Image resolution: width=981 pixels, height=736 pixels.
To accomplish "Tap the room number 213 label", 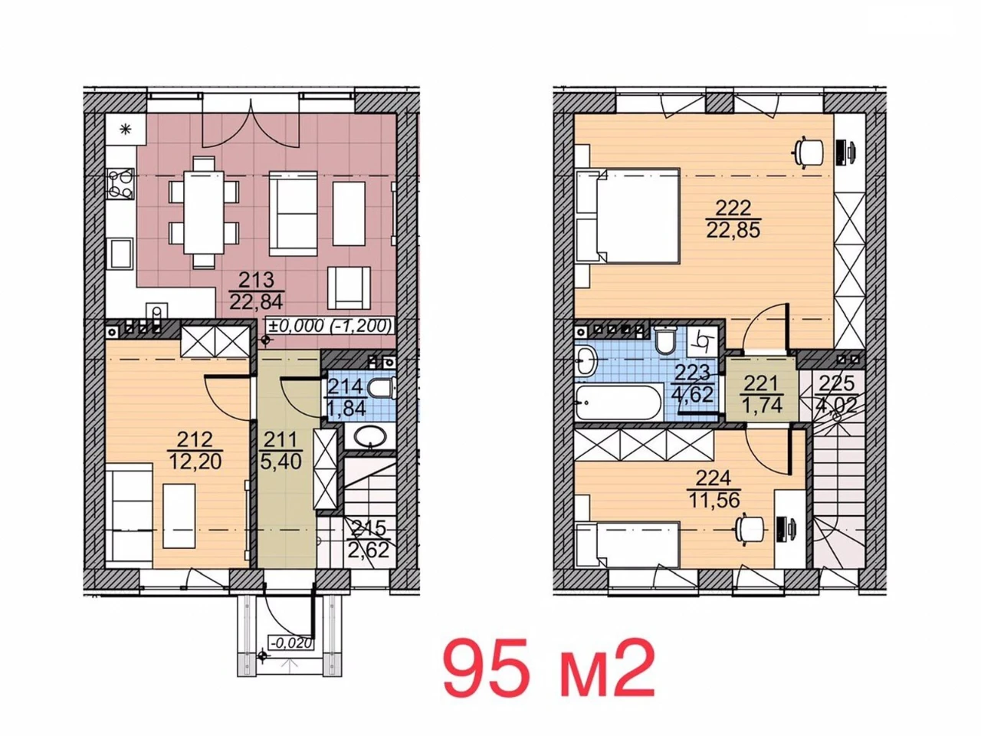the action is coord(256,280).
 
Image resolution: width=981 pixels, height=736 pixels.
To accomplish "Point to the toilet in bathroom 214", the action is coord(385,389).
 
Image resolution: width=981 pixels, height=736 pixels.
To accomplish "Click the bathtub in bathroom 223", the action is coord(618,402).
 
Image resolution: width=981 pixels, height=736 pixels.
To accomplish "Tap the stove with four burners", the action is coord(120,184).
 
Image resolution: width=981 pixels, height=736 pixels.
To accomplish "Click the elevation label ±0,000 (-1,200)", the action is coord(330,326).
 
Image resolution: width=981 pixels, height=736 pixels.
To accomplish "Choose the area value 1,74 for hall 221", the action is coord(762,405).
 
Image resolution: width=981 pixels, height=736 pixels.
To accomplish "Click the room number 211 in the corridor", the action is coord(281,441).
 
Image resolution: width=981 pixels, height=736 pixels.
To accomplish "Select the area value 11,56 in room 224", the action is coord(714,500).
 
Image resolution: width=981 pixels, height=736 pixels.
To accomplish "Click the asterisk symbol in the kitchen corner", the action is coord(126,130).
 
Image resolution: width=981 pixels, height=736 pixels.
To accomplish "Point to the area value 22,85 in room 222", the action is coord(733,230).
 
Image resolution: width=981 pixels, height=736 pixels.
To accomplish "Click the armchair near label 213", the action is coord(349,288).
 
